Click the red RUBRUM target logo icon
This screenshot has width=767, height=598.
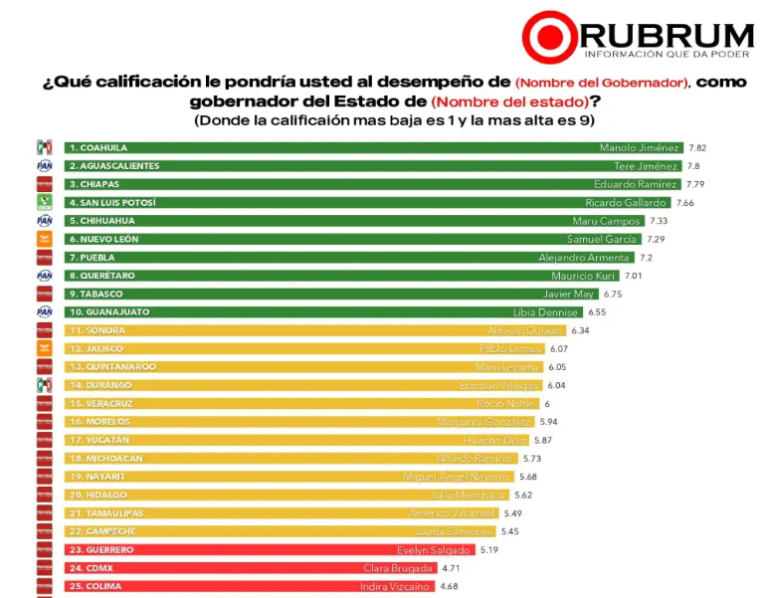pos(550,37)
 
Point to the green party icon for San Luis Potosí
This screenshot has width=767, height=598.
pos(44,202)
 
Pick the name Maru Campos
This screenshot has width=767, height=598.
pos(608,221)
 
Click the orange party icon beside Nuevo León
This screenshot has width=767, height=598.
pos(44,239)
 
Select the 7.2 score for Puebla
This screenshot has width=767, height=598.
pos(647,258)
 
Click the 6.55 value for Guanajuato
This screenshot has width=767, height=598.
pos(595,312)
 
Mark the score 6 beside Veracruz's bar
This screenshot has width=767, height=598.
pos(546,404)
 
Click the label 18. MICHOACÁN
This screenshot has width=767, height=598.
pos(106,459)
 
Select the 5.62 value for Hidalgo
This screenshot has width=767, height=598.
pos(524,496)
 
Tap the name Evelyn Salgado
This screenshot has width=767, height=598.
pos(435,550)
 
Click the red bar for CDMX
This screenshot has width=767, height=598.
pos(249,568)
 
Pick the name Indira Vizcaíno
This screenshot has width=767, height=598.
pos(395,587)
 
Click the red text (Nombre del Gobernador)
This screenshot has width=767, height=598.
pos(602,82)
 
